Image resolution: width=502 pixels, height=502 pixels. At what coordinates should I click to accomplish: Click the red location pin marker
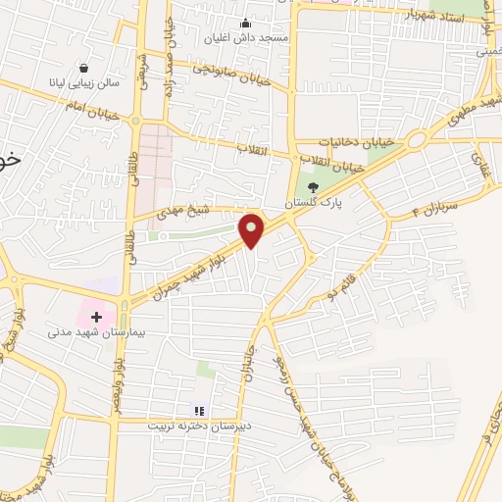point(252,229)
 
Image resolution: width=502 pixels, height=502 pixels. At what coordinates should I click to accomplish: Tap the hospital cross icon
point(96,317)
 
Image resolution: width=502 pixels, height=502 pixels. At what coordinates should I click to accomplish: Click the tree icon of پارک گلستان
point(313,186)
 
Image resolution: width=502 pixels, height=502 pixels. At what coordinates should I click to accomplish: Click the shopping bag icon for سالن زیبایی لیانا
point(83,70)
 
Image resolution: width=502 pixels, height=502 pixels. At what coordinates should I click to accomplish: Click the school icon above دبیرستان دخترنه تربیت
point(199,411)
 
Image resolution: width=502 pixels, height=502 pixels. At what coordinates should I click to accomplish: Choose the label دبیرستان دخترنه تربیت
point(199,427)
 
